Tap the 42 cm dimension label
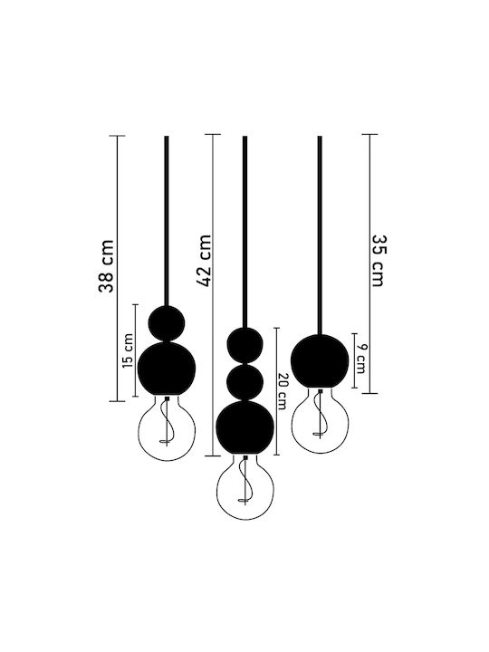(204, 261)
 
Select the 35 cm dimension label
(379, 261)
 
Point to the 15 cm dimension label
(129, 350)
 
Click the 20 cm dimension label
(282, 392)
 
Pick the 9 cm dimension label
(361, 359)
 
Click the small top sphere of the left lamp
(167, 323)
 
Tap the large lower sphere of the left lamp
(167, 369)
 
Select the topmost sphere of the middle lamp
(244, 345)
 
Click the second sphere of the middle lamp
(244, 382)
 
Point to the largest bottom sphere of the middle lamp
(244, 427)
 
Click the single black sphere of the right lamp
(320, 360)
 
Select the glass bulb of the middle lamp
(245, 487)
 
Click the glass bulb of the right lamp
(320, 420)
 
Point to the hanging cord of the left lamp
(167, 221)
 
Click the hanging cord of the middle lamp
(244, 232)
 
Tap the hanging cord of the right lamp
(320, 235)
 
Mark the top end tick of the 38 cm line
(117, 136)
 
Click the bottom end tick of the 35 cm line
(369, 393)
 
